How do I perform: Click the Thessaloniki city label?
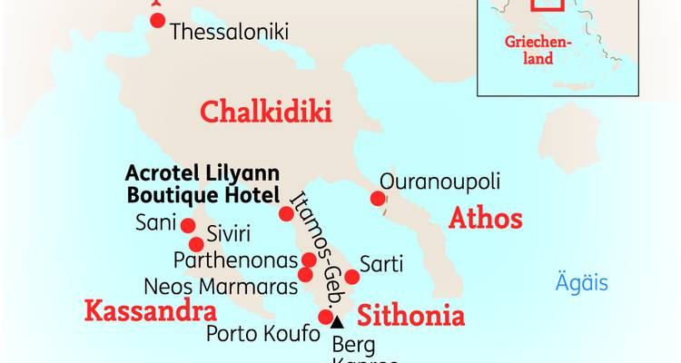pyautogui.click(x=229, y=32)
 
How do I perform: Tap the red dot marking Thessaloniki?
pyautogui.click(x=158, y=20)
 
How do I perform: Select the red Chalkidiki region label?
pyautogui.click(x=265, y=113)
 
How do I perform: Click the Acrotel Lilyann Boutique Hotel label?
pyautogui.click(x=202, y=183)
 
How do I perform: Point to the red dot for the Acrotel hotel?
pyautogui.click(x=286, y=214)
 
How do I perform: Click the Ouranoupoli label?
pyautogui.click(x=439, y=181)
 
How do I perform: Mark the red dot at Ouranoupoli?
pyautogui.click(x=377, y=199)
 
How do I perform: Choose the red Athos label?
pyautogui.click(x=486, y=219)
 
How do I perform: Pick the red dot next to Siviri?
pyautogui.click(x=195, y=244)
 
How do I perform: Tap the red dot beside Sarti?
pyautogui.click(x=352, y=276)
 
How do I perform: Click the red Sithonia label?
pyautogui.click(x=410, y=317)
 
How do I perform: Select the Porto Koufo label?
pyautogui.click(x=263, y=334)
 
